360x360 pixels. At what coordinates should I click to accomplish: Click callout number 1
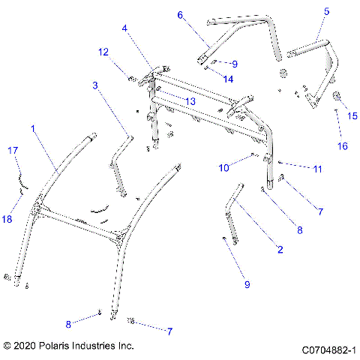(x=32, y=129)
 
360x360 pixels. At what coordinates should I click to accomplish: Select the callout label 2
(x=280, y=249)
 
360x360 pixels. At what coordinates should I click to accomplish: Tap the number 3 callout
(x=95, y=85)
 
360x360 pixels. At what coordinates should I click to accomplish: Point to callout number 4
(x=125, y=28)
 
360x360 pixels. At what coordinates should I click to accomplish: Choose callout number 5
(x=326, y=11)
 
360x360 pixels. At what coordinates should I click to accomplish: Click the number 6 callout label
(x=180, y=14)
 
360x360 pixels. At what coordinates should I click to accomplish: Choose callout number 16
(x=342, y=145)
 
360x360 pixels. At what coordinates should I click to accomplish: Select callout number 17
(x=12, y=151)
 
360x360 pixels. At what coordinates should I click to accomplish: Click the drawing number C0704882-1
(x=328, y=350)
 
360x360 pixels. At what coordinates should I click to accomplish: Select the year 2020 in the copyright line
(x=28, y=346)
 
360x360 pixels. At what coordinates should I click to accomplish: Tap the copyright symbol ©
(x=7, y=346)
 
